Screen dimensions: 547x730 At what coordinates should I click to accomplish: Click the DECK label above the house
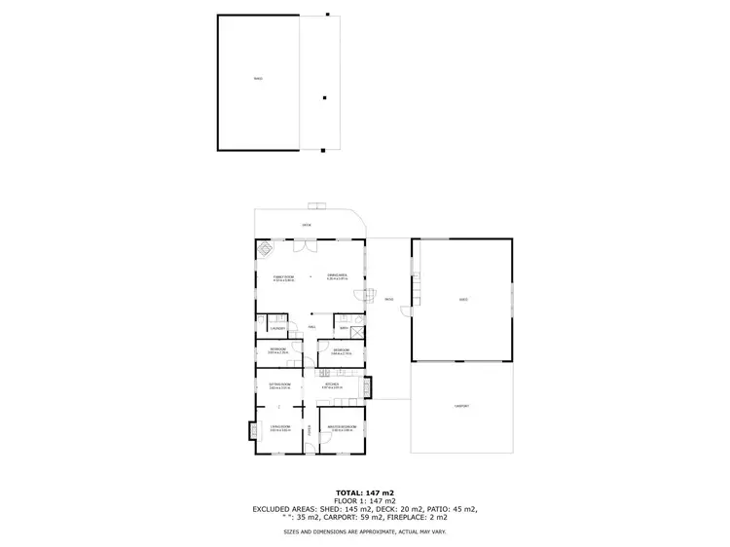306,225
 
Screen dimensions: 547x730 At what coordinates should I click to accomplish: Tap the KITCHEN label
332,385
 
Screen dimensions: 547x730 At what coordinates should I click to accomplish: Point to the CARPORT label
460,406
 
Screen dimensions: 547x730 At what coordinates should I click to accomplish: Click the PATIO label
387,299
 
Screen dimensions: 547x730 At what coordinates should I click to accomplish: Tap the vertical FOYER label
310,428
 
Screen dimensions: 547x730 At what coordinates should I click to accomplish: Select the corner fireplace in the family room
265,248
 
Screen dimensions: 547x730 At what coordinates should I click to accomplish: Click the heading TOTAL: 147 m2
365,492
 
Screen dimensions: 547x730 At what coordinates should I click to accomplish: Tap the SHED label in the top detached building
258,79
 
